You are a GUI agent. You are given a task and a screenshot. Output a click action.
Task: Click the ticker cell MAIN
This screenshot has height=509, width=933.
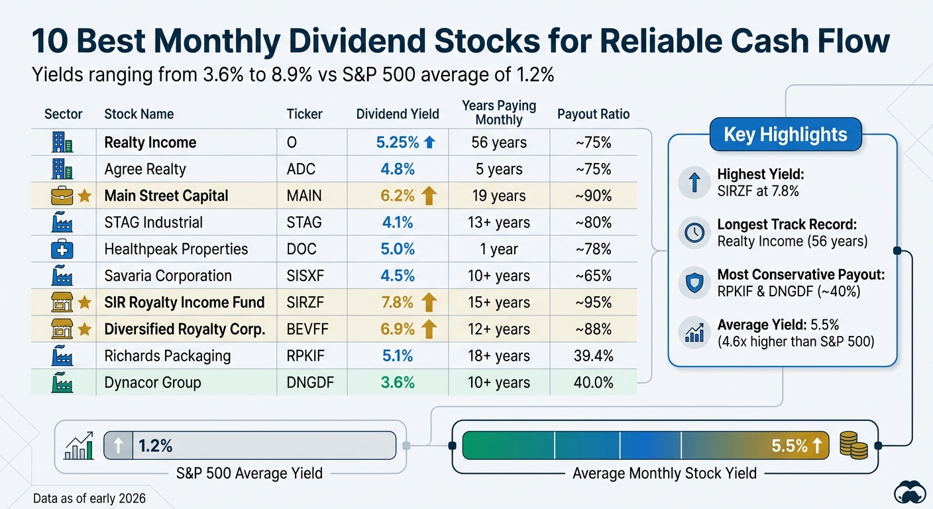(304, 196)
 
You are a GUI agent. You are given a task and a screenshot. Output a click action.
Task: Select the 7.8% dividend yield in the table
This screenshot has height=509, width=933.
(398, 303)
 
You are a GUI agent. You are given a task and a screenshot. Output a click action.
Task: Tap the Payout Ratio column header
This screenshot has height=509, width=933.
(593, 114)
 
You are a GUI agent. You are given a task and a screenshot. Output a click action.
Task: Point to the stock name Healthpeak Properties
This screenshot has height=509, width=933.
(176, 249)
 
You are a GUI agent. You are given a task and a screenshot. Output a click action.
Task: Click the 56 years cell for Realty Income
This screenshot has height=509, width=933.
(499, 142)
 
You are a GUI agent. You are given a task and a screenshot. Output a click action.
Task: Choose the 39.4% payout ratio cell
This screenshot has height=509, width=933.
(593, 356)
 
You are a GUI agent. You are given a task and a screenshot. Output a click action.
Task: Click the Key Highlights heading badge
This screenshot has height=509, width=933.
(785, 135)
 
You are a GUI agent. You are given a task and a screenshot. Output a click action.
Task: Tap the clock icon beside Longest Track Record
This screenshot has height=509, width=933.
(694, 233)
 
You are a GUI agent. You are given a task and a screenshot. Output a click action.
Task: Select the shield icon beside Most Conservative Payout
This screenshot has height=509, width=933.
(694, 283)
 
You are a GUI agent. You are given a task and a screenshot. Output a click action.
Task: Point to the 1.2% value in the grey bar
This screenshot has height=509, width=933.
(156, 446)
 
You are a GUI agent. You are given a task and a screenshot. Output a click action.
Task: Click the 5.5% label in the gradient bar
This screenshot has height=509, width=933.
(789, 446)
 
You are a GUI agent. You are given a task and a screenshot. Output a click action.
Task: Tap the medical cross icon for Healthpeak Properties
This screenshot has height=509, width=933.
(62, 249)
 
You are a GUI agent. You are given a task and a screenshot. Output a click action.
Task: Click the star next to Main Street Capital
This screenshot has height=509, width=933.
(84, 196)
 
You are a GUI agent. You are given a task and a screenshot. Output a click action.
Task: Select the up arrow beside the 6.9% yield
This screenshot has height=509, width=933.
(429, 329)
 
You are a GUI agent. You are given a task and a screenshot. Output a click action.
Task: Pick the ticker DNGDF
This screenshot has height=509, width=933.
(310, 383)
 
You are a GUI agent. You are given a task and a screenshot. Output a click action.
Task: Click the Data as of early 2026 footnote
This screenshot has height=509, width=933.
(89, 498)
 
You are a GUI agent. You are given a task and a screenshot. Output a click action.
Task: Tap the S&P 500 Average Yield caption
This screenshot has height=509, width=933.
(249, 473)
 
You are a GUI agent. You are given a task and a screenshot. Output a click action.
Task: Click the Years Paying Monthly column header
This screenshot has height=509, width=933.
(499, 113)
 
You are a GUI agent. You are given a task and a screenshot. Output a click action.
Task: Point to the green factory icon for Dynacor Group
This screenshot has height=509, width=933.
(62, 383)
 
